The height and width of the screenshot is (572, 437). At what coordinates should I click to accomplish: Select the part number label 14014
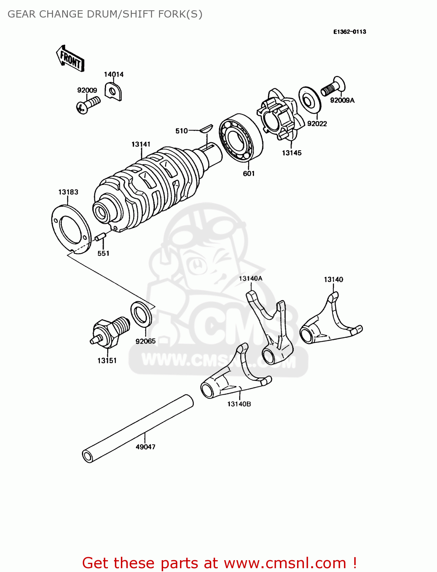tap(114, 74)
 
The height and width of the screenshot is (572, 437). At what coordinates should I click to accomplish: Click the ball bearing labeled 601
tap(241, 137)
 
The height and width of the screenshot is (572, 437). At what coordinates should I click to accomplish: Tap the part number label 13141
tap(141, 144)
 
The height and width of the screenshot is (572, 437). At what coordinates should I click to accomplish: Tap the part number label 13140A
tap(251, 278)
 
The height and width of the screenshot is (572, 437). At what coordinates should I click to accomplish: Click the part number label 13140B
tap(239, 404)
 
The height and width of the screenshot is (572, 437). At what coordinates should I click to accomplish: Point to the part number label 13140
tap(333, 280)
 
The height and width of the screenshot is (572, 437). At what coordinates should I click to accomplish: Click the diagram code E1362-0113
tap(349, 32)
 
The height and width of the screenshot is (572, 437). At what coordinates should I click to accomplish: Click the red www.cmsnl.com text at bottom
tap(284, 563)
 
